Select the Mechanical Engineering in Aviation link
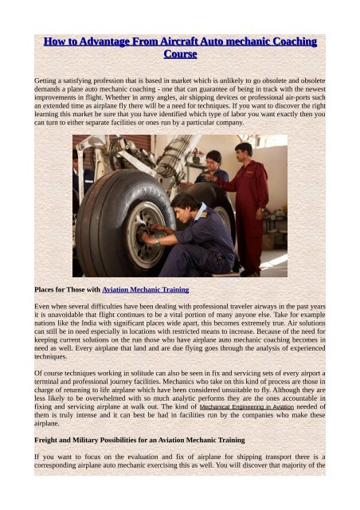[x=252, y=405]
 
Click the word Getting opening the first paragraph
[x=45, y=81]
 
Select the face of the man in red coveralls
[x=242, y=153]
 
